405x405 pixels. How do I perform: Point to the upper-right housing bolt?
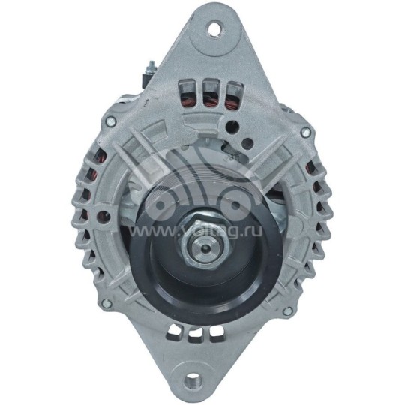(x=304, y=133)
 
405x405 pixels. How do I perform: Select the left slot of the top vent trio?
(x=181, y=92)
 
